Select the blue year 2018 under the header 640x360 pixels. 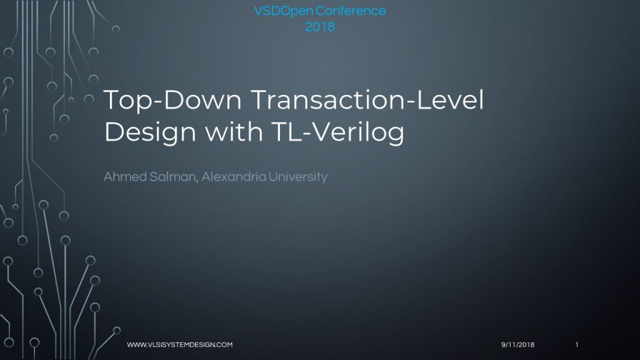tap(320, 27)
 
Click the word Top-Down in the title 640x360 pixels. tap(172, 101)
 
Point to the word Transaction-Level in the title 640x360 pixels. tap(367, 99)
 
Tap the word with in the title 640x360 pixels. tap(234, 131)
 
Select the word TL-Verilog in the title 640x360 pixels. tap(337, 132)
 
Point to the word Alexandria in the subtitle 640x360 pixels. tap(234, 177)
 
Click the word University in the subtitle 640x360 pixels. tap(298, 177)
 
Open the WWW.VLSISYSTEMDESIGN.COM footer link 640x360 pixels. tap(180, 344)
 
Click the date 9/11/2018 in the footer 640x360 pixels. tap(518, 344)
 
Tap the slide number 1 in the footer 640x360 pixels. tap(577, 344)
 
